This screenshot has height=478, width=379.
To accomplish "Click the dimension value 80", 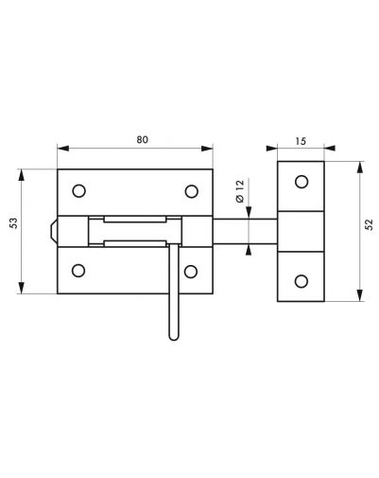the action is coord(142,139).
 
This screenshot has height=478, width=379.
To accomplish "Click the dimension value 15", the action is coord(301,141).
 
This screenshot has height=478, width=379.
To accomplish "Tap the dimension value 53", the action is coord(13,223).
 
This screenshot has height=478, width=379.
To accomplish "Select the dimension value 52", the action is coord(370,224).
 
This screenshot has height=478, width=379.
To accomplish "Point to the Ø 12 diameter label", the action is coord(240,191).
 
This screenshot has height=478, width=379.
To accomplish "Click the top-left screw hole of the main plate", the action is coord(78,191).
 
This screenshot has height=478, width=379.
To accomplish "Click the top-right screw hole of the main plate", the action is coord(192,191).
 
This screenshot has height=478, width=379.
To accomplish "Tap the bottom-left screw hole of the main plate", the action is coord(78,271).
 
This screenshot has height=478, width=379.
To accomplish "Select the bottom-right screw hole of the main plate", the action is coord(191,272).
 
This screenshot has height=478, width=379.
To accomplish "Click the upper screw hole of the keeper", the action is coord(301,182).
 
